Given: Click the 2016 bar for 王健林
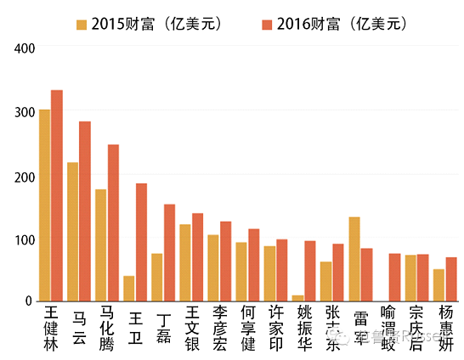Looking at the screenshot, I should coord(57,195).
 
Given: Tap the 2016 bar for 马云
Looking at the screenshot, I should coord(85,211).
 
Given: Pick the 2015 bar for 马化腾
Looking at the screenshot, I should coord(101,245).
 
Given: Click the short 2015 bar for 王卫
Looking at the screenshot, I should coord(129,289).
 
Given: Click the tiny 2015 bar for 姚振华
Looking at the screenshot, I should coord(298,298).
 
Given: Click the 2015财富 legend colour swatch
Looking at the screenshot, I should coord(81,24).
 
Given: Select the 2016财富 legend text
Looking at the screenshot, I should coord(326,24).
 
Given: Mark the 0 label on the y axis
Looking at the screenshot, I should coord(26,301).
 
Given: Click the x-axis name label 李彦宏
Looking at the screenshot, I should coord(220,327).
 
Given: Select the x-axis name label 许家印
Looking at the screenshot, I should coord(276,327).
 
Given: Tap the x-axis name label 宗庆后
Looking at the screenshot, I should coord(416,327).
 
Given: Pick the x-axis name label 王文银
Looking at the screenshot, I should coord(192,327).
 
